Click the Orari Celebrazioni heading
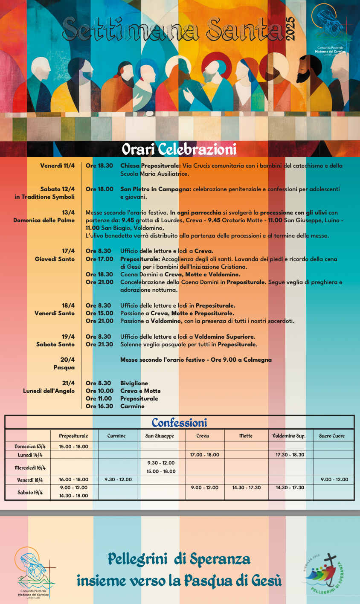[x=179, y=149]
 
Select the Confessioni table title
[x=179, y=423]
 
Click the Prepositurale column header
[x=73, y=436]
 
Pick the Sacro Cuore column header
[x=332, y=436]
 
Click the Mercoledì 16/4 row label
[x=30, y=467]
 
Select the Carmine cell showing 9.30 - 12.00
[x=118, y=479]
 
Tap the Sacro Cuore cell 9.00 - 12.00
[x=334, y=479]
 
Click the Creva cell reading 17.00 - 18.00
[x=205, y=455]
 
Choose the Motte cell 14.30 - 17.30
[x=247, y=488]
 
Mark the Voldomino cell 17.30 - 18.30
[x=290, y=455]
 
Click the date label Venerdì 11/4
[x=58, y=166]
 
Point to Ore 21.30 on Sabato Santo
[x=99, y=344]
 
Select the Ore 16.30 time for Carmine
[x=99, y=406]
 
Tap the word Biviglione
[x=134, y=383]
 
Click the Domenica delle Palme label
[x=44, y=220]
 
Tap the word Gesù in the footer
[x=264, y=581]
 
